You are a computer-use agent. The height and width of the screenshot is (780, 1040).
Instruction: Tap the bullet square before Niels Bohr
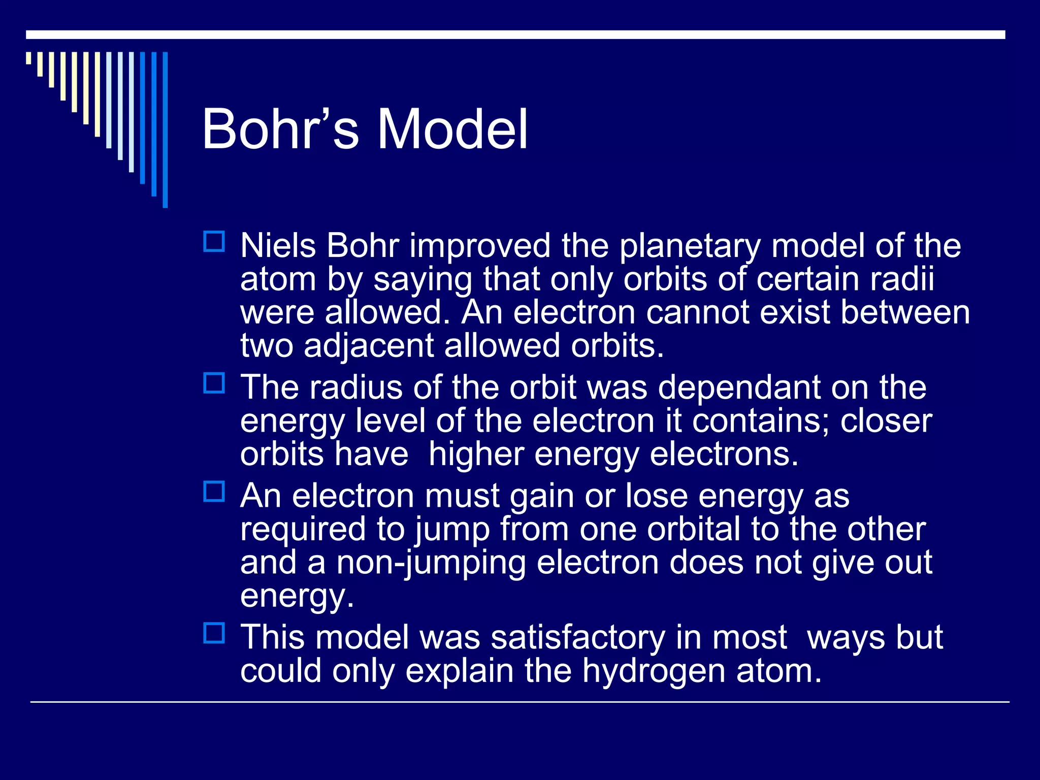point(214,242)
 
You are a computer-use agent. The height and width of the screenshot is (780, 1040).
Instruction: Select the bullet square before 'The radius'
point(214,383)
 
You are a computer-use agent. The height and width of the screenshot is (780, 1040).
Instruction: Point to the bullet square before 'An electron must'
point(214,492)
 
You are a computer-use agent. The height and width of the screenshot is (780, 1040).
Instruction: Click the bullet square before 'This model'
point(214,633)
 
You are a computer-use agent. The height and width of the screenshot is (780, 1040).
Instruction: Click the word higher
point(476,455)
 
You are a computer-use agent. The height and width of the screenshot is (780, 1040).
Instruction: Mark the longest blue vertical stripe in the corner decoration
point(165,129)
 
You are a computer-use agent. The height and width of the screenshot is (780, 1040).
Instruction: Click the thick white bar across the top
point(515,35)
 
